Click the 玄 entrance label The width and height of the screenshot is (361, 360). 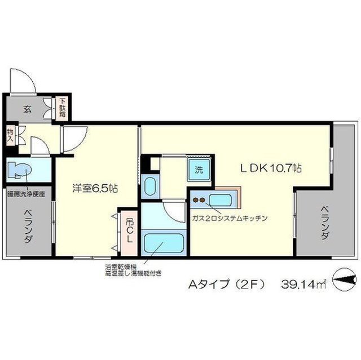27,109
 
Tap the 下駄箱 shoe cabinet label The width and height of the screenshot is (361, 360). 63,109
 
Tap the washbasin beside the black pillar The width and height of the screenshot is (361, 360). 150,185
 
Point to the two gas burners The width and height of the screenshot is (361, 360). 199,198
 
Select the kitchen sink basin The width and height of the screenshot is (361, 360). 221,199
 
